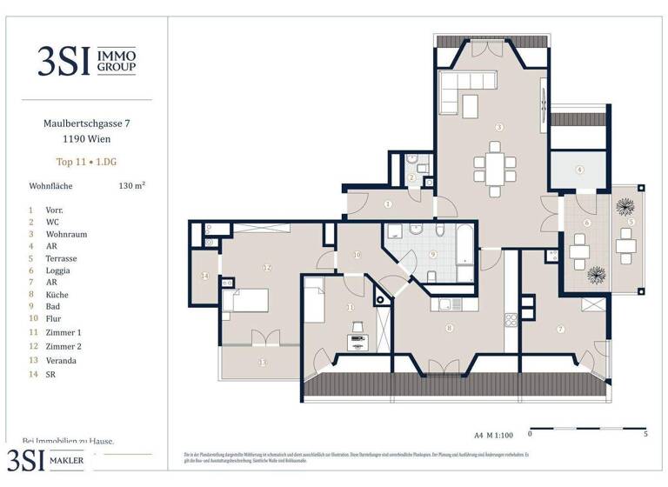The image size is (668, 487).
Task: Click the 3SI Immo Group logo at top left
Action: pos(86,60)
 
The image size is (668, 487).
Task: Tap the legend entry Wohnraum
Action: pos(67,234)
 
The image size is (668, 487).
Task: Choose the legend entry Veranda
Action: pos(61,360)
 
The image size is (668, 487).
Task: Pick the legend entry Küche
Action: pos(57,295)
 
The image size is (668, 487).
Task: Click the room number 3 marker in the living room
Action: pos(498,127)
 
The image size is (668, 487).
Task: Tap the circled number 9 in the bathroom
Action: pos(431,255)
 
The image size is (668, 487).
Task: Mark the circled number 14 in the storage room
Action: pos(205,277)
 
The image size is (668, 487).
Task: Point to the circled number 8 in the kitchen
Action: pos(449,328)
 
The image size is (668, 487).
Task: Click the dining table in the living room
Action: pos(493,167)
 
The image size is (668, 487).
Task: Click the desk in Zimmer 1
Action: pos(357,342)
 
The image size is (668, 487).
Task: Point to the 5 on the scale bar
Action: pos(645,433)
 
